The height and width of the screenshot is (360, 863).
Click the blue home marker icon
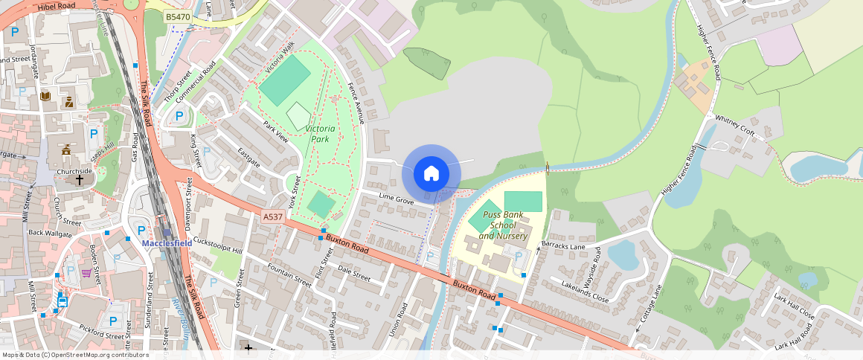pos(431,174)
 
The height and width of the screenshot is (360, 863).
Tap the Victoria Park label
pos(321,134)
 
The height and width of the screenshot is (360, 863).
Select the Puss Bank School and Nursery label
pos(503,225)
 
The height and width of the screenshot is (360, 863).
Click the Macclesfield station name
pos(167,243)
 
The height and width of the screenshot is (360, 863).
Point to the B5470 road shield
pos(178,16)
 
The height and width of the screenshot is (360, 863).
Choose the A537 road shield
pos(273,216)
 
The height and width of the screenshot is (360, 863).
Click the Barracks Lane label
pos(563,245)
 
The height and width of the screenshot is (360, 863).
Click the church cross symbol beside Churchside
pos(80,180)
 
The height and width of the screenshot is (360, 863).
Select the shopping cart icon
pos(87,273)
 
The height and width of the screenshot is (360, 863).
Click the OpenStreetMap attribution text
pos(74,355)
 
